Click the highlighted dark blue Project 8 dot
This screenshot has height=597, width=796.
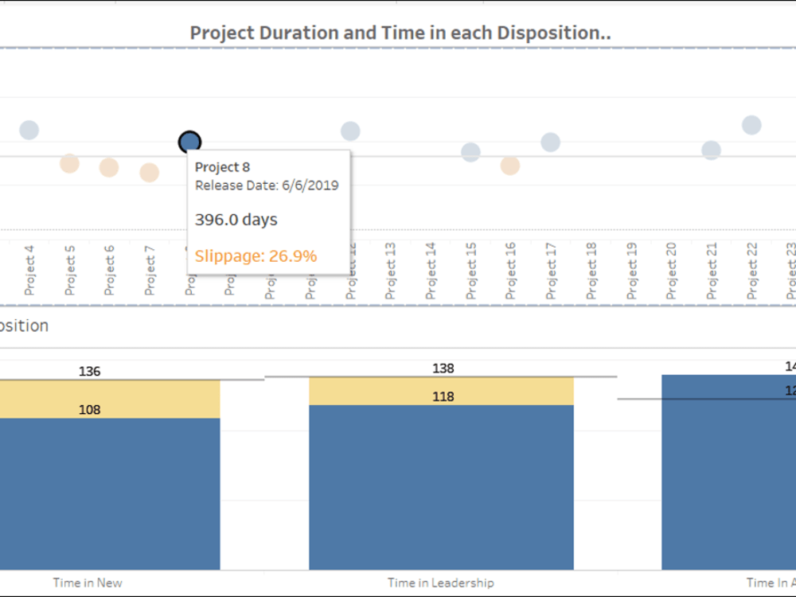[189, 142]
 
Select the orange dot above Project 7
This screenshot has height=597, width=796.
[149, 172]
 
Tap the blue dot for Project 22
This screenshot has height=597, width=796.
[751, 125]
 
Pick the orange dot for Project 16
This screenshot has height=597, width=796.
[510, 166]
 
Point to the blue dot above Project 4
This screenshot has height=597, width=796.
[29, 130]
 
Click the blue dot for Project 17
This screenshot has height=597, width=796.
[550, 142]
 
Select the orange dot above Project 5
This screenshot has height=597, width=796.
[69, 163]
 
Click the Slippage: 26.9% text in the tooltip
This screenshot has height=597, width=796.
[256, 256]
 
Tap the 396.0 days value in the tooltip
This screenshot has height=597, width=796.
[236, 220]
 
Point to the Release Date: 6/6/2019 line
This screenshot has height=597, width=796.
[267, 185]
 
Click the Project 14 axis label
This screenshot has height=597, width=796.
[431, 271]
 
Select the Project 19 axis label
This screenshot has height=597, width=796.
[631, 271]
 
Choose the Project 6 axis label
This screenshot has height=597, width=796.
[109, 271]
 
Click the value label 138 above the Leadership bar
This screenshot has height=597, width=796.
[443, 369]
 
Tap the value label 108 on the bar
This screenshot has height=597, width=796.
[89, 410]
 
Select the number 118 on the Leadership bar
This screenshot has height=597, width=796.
[443, 396]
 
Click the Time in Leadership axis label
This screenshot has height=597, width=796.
[440, 583]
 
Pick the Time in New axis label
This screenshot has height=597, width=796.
[88, 583]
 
